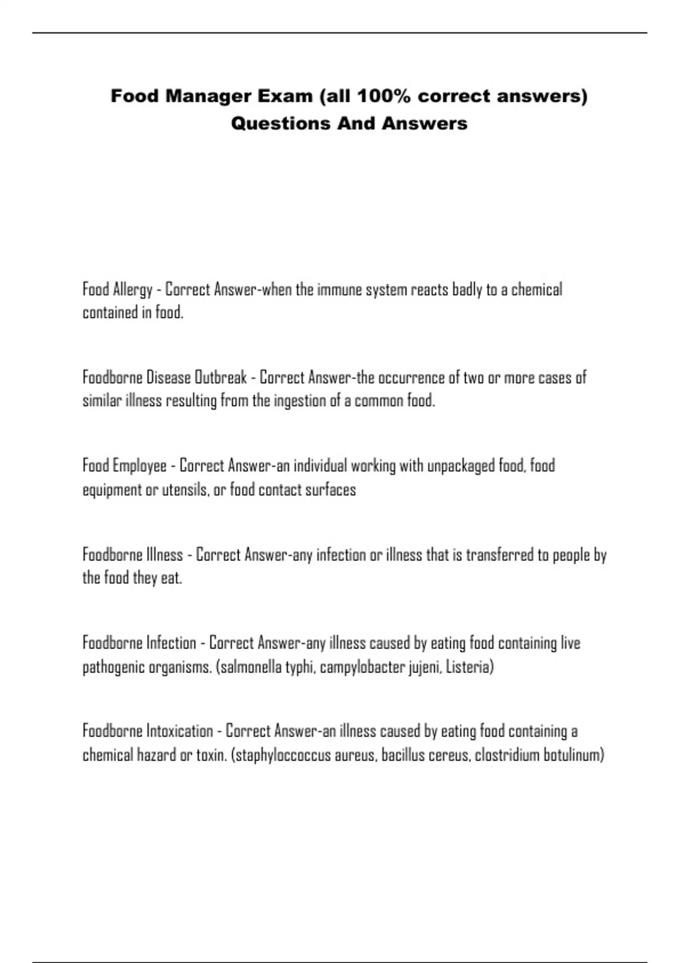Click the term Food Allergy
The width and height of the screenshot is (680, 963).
click(117, 289)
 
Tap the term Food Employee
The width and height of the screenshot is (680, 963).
click(125, 466)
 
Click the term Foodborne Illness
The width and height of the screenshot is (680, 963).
click(133, 554)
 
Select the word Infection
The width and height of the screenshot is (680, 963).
click(171, 643)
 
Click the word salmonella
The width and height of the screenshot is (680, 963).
click(250, 667)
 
